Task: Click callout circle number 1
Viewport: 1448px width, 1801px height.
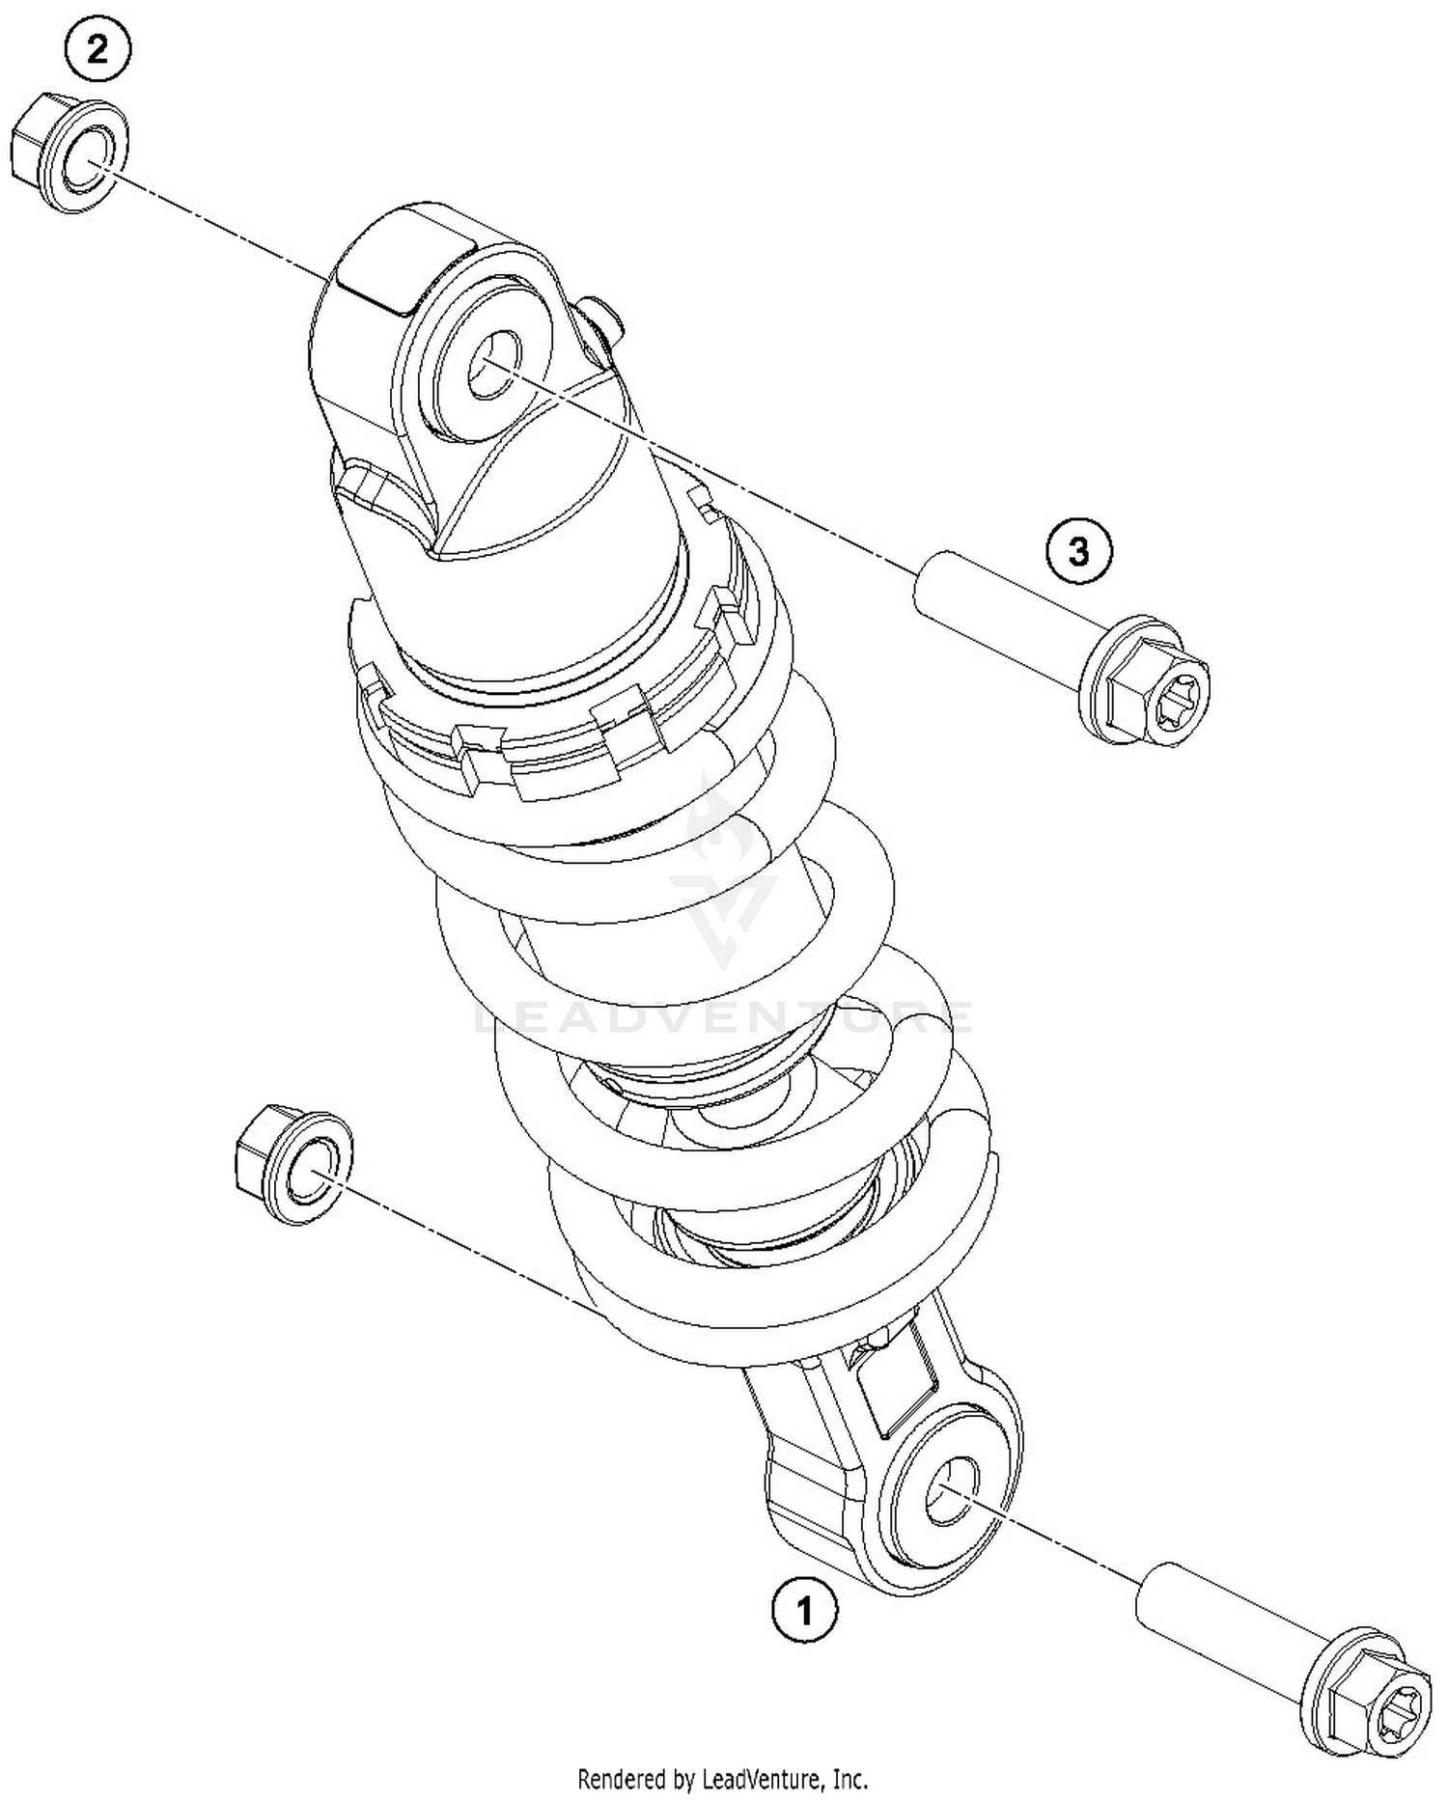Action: click(804, 1610)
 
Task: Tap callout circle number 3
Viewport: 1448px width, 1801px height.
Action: click(1078, 552)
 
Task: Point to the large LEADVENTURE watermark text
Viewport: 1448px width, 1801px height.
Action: click(724, 1016)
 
